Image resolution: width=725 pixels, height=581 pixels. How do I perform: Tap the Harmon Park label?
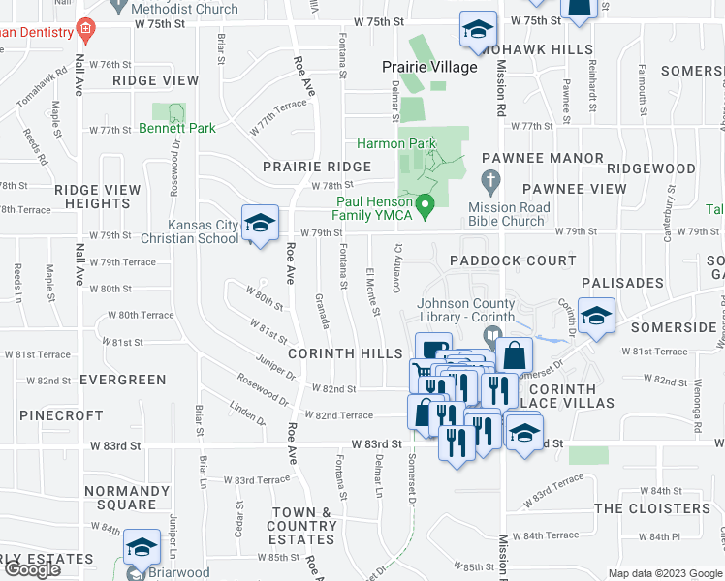[396, 143]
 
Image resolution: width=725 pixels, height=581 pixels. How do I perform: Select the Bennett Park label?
[175, 127]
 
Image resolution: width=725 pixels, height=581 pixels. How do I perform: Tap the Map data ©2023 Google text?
[665, 573]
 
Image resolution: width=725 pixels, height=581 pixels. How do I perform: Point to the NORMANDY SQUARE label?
[120, 498]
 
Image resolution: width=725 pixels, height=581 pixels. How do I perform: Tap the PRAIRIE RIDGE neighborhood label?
[317, 167]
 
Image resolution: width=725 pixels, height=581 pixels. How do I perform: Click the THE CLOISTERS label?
[651, 508]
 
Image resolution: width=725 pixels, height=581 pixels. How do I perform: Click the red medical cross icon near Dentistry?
[86, 29]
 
